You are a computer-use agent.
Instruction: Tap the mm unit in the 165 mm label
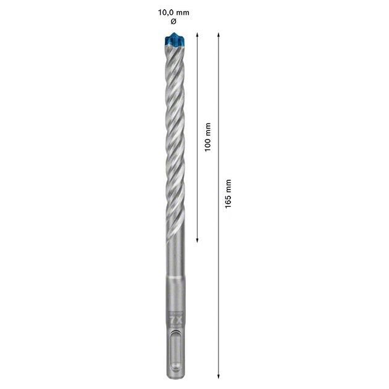(x=228, y=184)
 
